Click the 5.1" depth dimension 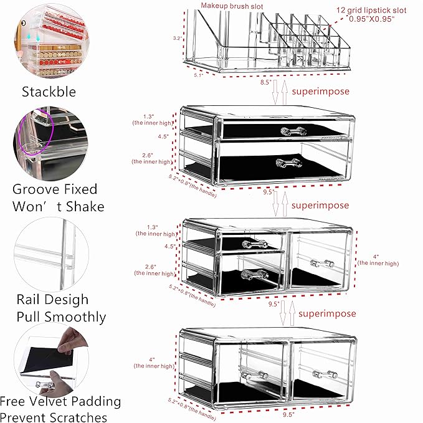point(198,75)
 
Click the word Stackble point(49,92)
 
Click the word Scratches point(75,417)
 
